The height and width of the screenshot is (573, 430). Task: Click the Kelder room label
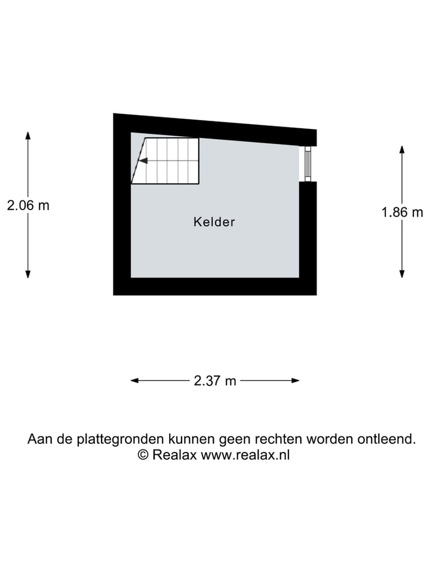point(214,222)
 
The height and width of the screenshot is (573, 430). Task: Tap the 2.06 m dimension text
point(28,205)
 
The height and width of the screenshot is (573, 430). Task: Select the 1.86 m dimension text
point(402,211)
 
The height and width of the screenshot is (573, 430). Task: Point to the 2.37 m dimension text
point(215,381)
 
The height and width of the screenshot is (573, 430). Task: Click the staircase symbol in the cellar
point(166,161)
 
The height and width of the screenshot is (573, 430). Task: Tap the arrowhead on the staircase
point(142,160)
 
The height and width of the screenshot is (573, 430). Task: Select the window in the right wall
point(308,164)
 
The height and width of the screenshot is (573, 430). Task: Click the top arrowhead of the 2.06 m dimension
point(28,135)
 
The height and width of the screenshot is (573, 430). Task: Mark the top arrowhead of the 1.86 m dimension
point(402,149)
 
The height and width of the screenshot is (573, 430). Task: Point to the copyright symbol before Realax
point(143,455)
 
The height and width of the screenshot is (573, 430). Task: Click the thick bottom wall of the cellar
point(215,286)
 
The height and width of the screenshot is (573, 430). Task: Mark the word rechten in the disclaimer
point(279,439)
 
